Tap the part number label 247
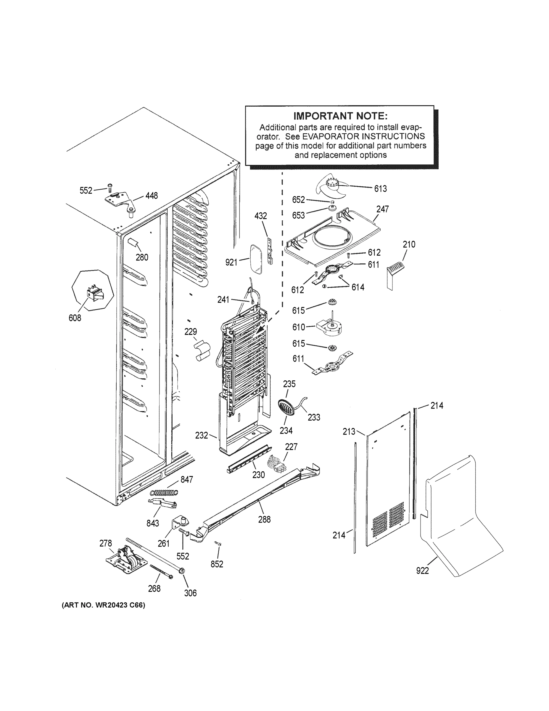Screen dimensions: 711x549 382,209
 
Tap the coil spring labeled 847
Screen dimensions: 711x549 165,493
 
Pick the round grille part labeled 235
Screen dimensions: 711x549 286,408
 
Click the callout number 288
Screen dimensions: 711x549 264,520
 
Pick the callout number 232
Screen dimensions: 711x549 201,435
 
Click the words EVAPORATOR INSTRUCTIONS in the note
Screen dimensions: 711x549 363,136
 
